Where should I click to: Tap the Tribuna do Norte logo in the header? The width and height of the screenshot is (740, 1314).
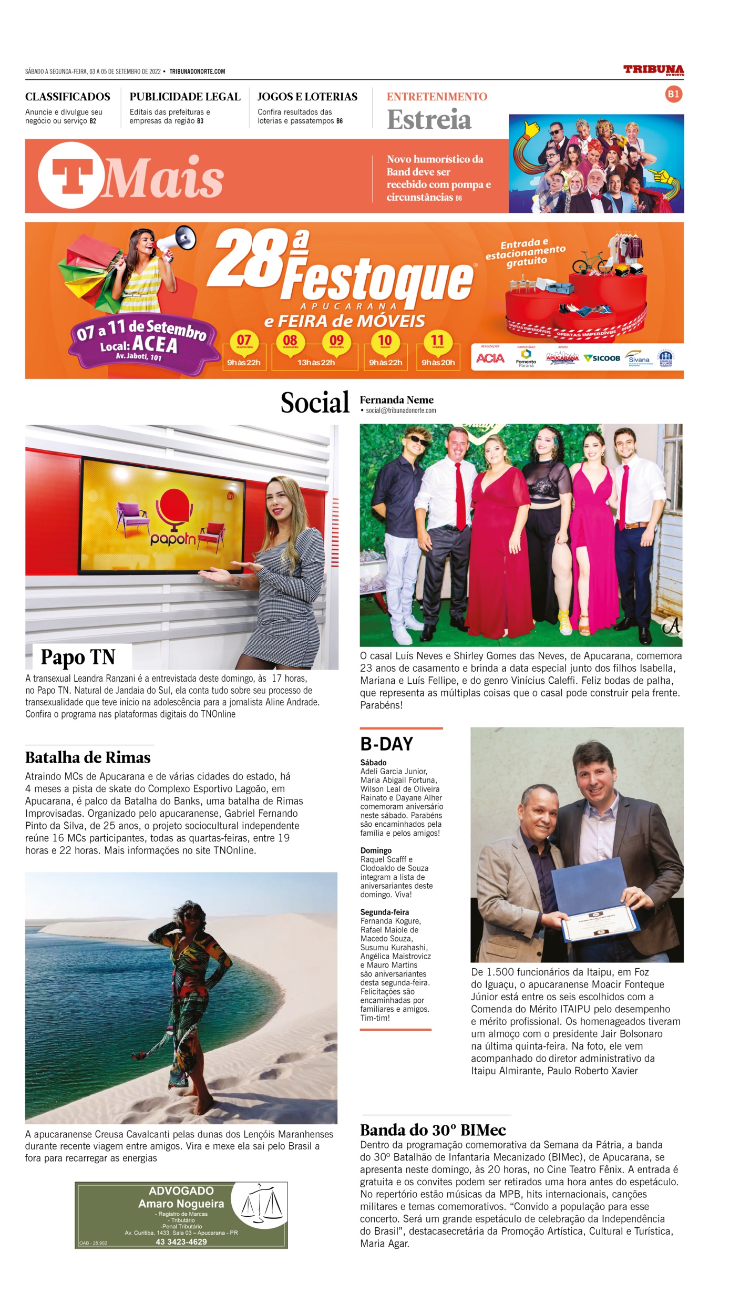tap(653, 70)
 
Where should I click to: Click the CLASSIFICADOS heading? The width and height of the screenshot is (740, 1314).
tap(68, 97)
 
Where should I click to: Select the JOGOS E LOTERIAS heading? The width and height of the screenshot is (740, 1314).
tap(307, 97)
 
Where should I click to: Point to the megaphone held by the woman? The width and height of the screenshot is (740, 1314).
tap(178, 241)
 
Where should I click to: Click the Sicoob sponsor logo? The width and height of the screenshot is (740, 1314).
tap(602, 358)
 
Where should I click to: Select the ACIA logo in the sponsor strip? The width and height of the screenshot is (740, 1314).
tap(490, 358)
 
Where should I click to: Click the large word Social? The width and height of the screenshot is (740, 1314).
tap(315, 403)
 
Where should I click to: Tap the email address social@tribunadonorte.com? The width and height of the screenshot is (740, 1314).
tap(400, 410)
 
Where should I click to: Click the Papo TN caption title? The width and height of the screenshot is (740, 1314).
tap(78, 657)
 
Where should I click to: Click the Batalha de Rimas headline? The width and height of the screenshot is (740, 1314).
tap(88, 757)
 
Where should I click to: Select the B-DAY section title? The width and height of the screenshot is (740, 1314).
tap(386, 744)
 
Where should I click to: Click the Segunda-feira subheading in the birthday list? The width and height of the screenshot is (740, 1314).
tap(384, 912)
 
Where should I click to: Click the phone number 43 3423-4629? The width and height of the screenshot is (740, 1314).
tap(181, 1242)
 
